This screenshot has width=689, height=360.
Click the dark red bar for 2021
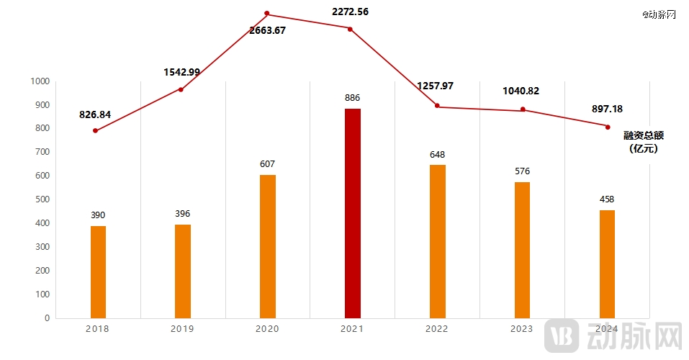point(353,213)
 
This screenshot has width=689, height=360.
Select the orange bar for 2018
point(98,272)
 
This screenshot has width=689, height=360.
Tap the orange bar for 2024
point(607,264)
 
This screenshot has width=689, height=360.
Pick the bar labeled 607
point(268,246)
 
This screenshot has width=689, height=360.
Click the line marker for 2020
point(267,14)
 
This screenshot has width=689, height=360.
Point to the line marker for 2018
point(95,130)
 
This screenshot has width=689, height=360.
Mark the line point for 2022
point(437,106)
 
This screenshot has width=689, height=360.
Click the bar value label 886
point(352,97)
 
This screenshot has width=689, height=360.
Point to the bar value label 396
point(183,214)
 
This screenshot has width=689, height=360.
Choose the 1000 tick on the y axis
point(40,81)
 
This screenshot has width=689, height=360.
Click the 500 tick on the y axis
point(42,199)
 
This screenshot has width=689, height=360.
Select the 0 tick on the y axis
point(48,318)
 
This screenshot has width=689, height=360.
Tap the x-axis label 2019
point(182,329)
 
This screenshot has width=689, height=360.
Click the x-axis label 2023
point(521,329)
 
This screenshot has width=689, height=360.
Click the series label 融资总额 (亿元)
point(643,142)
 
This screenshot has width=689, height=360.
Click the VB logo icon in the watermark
point(562,336)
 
